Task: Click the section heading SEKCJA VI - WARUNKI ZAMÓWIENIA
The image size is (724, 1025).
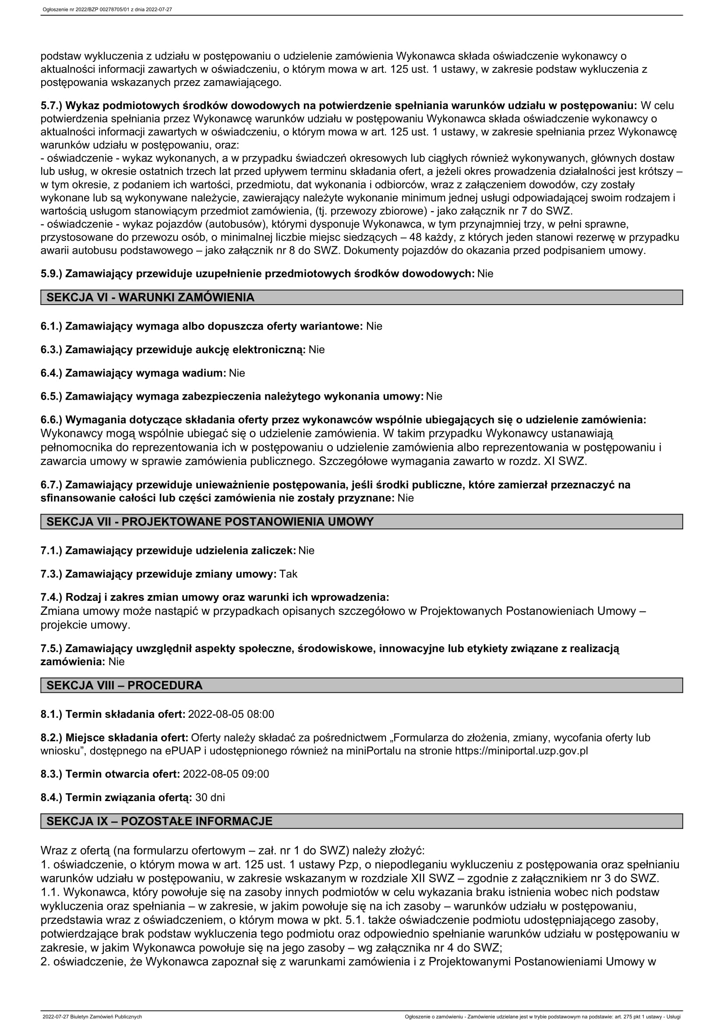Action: pos(150,297)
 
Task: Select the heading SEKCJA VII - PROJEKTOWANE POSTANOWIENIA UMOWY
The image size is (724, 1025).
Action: pos(210,521)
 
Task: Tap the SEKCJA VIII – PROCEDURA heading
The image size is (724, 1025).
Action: pos(124,685)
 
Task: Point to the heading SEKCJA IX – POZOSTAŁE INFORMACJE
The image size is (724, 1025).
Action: pos(159,821)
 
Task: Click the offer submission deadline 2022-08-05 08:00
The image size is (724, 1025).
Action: pos(231,714)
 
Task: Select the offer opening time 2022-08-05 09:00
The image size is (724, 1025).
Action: pos(226,773)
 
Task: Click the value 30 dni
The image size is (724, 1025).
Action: pos(210,797)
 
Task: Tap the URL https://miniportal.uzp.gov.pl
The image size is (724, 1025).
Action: pos(521,751)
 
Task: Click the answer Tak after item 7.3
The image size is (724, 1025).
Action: pos(288,574)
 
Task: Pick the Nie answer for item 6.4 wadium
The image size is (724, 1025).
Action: pos(237,373)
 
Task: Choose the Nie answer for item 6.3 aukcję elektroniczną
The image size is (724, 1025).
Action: pos(316,350)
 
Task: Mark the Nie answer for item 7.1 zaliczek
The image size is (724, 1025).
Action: pos(307,550)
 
